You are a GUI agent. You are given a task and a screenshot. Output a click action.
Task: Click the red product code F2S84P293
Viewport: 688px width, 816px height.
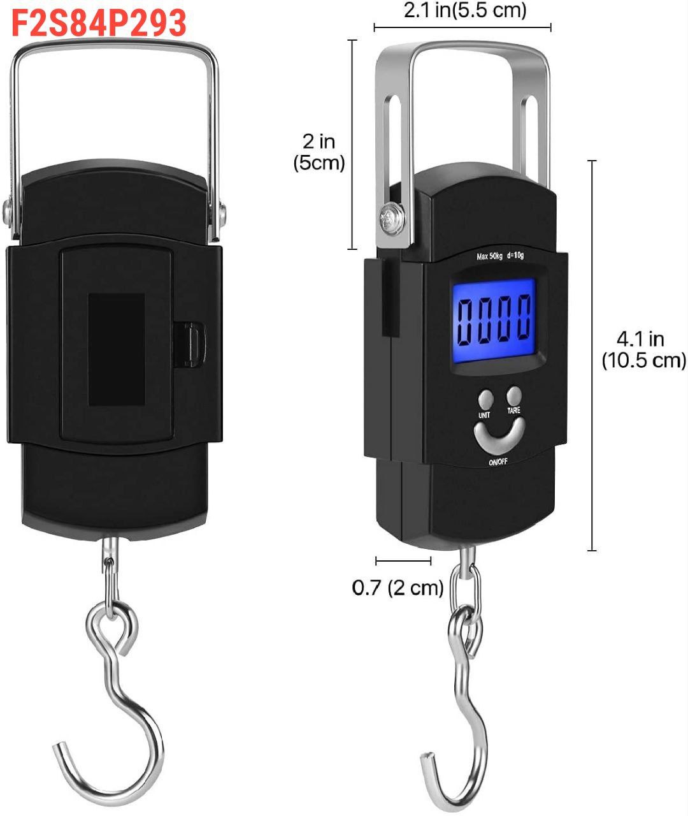click(x=99, y=23)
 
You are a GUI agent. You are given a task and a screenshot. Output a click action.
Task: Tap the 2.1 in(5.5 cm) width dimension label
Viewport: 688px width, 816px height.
click(x=465, y=10)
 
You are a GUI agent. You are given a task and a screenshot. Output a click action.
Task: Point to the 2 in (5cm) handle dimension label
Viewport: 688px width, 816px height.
click(x=319, y=152)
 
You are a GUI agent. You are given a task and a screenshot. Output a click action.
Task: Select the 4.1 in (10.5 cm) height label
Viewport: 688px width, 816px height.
click(x=643, y=350)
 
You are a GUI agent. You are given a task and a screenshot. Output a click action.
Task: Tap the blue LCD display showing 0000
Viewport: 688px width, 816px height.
click(x=494, y=320)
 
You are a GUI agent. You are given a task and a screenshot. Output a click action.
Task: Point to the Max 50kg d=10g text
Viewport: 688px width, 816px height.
click(x=500, y=256)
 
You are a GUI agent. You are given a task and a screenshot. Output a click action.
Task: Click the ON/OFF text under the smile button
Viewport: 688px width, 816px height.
click(x=498, y=462)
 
